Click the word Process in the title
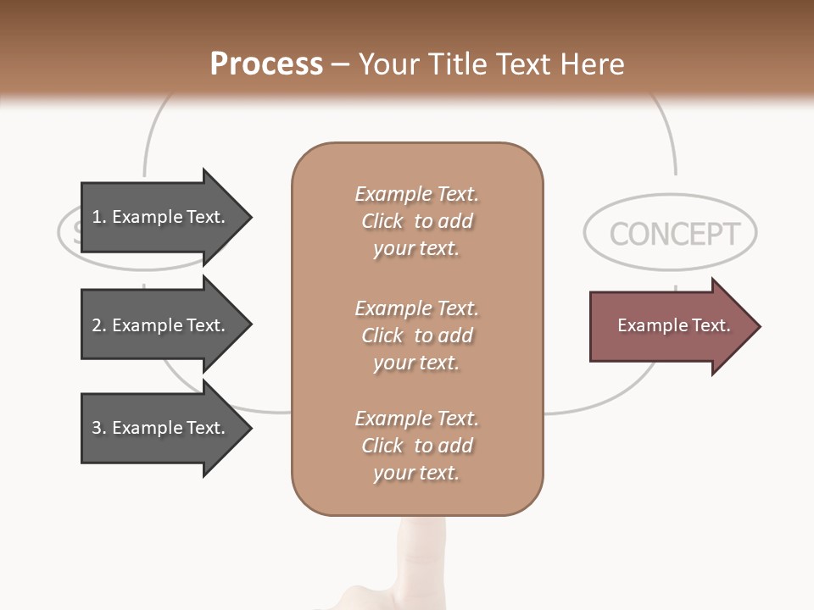[266, 64]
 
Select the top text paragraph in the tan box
[416, 221]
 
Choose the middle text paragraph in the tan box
[416, 335]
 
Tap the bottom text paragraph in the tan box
[416, 446]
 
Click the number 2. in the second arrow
[99, 325]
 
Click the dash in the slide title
[340, 65]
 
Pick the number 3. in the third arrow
[99, 428]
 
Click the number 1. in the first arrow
[99, 217]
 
